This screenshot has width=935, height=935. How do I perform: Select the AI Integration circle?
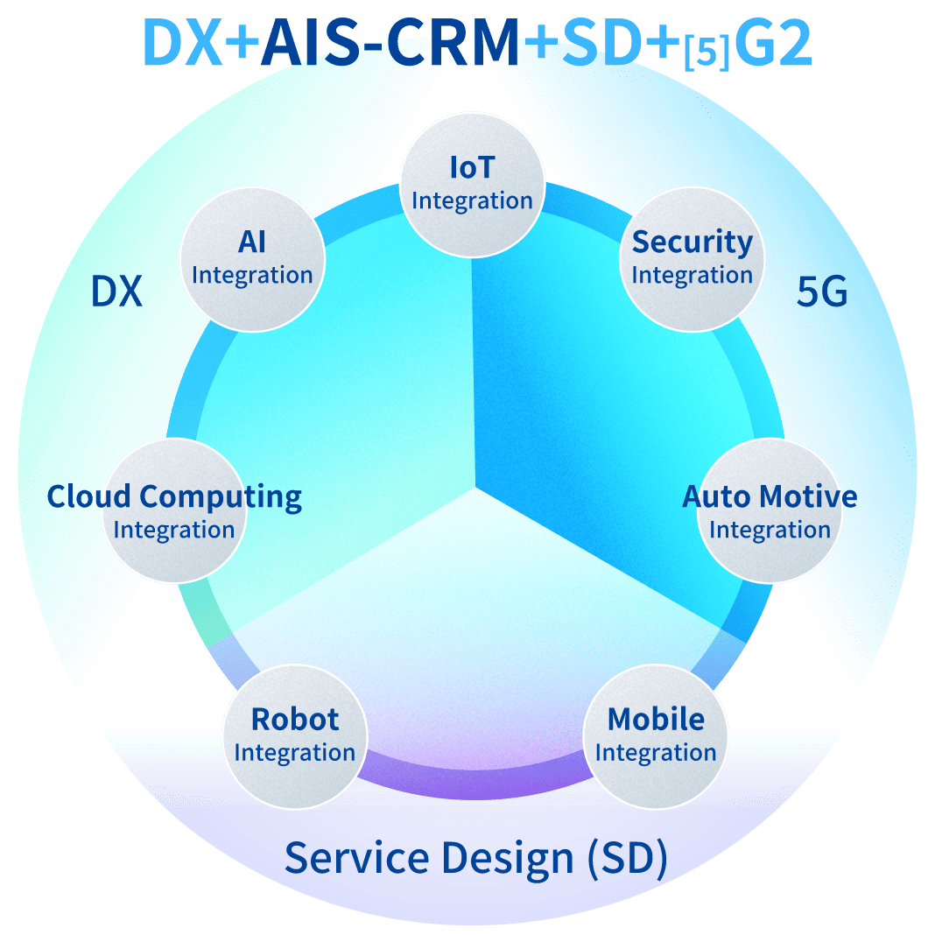click(252, 259)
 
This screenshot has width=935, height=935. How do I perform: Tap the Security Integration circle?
click(692, 259)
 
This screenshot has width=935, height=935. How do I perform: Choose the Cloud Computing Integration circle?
click(174, 511)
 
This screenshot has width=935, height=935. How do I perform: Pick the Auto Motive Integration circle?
click(770, 511)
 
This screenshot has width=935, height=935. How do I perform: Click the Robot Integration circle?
click(294, 735)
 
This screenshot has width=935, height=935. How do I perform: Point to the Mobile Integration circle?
click(656, 735)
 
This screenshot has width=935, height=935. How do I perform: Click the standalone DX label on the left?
click(116, 292)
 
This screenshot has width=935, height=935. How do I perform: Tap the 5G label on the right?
click(822, 292)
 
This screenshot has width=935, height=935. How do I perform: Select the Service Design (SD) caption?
click(476, 858)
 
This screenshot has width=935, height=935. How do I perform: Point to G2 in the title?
click(773, 44)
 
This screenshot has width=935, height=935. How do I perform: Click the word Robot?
click(295, 720)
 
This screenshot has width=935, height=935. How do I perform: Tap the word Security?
click(692, 243)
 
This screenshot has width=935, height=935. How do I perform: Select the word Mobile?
click(656, 720)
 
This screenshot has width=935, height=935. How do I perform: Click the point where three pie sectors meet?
click(476, 487)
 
